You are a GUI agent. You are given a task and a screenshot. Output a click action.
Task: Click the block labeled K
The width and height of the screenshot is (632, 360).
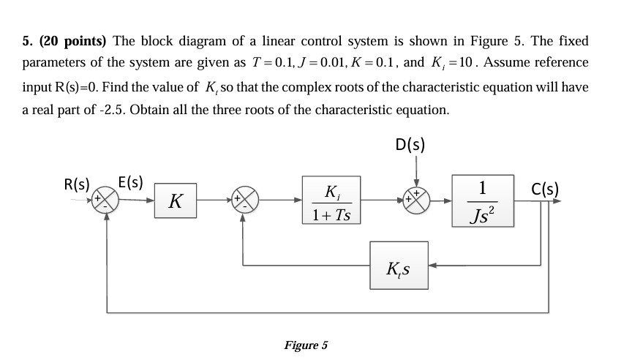click(x=175, y=199)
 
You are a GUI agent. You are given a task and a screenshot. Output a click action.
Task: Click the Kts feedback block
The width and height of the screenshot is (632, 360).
click(x=399, y=268)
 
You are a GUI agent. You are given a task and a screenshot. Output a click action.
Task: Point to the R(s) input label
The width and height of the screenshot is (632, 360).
click(x=77, y=184)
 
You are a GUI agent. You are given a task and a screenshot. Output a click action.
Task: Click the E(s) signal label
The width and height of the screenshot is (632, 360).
click(x=131, y=181)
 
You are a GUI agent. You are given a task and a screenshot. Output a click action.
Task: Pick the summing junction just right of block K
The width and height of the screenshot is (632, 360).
click(x=244, y=199)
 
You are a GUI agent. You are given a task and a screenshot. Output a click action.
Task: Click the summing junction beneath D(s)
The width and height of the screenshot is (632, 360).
click(x=416, y=199)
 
